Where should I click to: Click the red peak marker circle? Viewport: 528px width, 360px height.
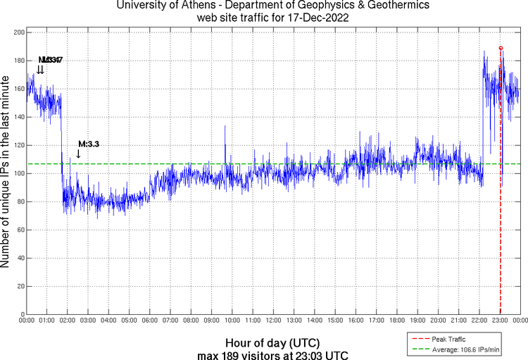[x=501, y=48]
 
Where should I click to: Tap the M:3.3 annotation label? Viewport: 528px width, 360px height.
[x=89, y=144]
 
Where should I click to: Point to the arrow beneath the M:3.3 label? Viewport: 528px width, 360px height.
[x=78, y=154]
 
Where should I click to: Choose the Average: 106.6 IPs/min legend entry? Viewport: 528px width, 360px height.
[x=465, y=349]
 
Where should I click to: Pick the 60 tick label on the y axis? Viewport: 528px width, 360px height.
[x=19, y=230]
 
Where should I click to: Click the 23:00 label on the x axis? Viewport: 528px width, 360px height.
[x=500, y=321]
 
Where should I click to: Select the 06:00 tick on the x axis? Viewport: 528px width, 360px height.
[x=149, y=321]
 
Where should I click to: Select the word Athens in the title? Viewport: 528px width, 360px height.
[x=194, y=6]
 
